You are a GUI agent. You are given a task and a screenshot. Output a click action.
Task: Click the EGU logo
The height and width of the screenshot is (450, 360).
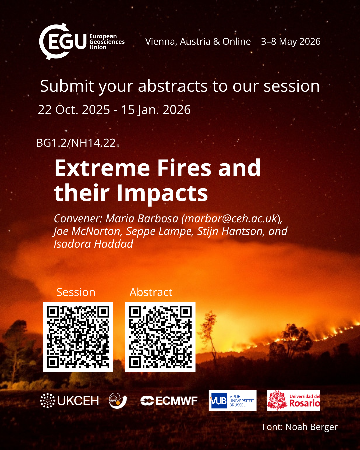click(82, 41)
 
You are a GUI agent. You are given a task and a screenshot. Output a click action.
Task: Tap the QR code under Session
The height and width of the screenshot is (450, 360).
click(78, 337)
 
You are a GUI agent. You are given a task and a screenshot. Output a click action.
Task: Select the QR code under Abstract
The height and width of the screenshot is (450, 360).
click(160, 337)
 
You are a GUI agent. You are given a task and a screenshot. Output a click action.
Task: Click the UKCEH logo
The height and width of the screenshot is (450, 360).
click(69, 401)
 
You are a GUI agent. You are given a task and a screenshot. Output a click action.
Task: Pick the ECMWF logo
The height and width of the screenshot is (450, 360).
click(169, 401)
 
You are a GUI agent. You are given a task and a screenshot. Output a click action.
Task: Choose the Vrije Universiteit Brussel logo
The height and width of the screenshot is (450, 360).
click(232, 401)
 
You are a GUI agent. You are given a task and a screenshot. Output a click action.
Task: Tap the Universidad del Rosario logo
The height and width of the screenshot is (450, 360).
click(293, 401)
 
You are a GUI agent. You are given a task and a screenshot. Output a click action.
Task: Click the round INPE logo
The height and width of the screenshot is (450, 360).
click(118, 401)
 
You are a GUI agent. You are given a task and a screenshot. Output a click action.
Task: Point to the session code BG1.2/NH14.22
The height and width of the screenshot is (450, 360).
click(76, 143)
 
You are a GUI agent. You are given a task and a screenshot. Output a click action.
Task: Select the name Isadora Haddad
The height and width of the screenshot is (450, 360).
click(94, 244)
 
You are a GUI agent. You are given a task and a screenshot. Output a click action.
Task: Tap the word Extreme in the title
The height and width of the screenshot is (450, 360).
click(102, 168)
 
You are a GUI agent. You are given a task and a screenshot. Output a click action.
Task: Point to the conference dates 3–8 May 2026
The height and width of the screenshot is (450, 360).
click(291, 41)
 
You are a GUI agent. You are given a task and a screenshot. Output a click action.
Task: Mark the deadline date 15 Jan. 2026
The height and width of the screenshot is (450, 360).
click(156, 110)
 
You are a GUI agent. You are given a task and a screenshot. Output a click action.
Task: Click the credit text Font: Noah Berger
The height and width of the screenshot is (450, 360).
click(300, 427)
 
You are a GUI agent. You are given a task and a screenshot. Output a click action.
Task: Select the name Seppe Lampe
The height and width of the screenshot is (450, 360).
click(160, 231)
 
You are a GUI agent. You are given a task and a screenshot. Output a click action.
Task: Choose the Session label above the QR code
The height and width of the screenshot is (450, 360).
click(76, 292)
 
